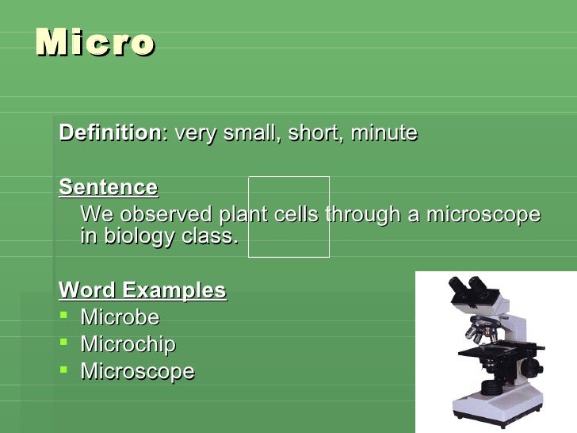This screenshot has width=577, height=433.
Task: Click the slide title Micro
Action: point(94,43)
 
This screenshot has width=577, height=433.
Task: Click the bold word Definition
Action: point(109,133)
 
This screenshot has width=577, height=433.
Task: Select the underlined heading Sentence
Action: point(108,188)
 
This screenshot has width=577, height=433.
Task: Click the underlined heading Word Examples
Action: point(143,290)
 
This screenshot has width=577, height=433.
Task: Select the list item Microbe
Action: point(120,318)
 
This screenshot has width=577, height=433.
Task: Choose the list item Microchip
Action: point(128,345)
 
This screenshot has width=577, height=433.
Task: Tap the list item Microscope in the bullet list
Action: point(137,372)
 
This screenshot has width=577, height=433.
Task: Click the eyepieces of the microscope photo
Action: point(467,286)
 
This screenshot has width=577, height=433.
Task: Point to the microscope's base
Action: point(495,409)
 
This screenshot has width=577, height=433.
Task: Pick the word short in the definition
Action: point(314,133)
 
